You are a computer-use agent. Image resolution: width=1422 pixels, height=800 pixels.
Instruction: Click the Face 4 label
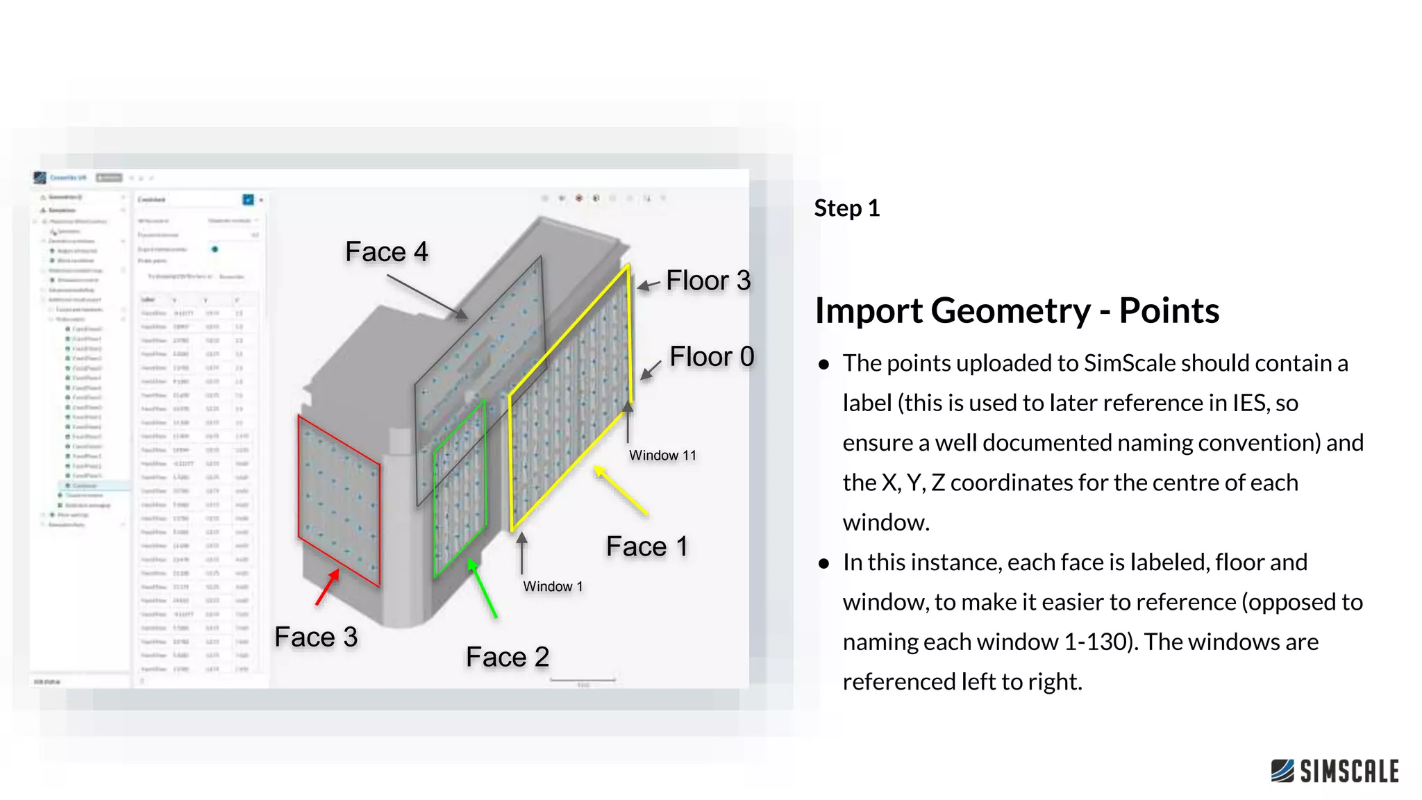[x=386, y=251]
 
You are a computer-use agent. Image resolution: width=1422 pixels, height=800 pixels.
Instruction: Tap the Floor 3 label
[x=708, y=281]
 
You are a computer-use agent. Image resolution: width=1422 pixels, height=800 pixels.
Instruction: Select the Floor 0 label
[x=711, y=356]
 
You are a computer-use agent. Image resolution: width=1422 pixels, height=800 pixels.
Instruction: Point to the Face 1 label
[x=646, y=547]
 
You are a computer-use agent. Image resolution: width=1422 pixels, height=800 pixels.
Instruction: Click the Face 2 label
[x=507, y=657]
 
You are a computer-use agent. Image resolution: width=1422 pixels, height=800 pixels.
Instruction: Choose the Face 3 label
[x=316, y=637]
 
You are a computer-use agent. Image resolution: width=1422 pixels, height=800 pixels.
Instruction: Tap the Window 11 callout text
[x=662, y=456]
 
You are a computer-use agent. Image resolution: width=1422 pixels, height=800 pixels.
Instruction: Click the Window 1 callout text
[x=553, y=587]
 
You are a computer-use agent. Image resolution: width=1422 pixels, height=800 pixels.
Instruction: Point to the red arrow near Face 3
[x=327, y=587]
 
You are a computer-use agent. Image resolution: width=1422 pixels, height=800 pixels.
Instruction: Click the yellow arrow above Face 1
[x=621, y=491]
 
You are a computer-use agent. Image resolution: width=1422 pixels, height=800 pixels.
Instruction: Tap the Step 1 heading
[x=846, y=208]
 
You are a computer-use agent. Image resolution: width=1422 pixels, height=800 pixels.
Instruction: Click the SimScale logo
[x=1334, y=771]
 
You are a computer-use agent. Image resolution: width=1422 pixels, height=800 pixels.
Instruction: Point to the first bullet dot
[x=823, y=365]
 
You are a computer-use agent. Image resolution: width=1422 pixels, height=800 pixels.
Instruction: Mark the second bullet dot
[x=823, y=564]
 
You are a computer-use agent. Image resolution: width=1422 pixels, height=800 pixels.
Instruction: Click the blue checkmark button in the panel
[x=248, y=200]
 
